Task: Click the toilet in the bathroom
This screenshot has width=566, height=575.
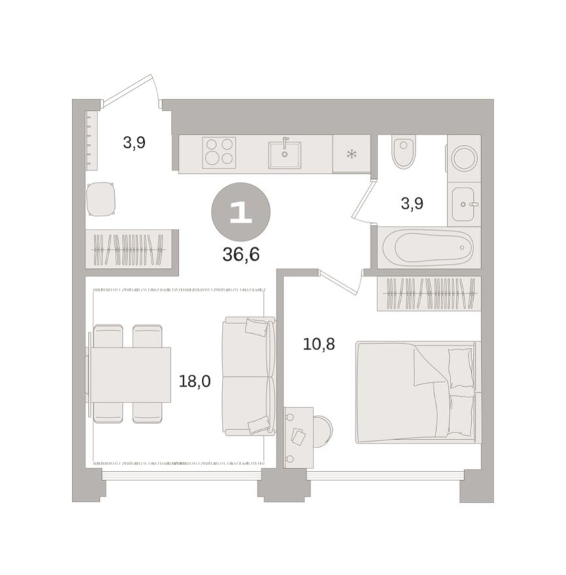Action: pos(403,152)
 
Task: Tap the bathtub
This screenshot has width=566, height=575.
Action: pos(428,248)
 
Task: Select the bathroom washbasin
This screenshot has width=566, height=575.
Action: pos(464,204)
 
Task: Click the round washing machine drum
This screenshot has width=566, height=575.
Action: pos(464,158)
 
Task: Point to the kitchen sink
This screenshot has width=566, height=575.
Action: pos(285,155)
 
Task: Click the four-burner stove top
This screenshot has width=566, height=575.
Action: pos(219,152)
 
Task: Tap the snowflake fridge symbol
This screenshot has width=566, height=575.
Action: pos(351,154)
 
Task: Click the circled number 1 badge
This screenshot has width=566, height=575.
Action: pos(240,212)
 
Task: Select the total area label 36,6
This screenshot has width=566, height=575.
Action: pos(241,255)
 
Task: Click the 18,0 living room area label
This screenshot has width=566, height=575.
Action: pos(195,382)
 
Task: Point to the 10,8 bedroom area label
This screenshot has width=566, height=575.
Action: pos(319,344)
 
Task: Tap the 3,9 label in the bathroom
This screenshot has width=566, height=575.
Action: pos(412,204)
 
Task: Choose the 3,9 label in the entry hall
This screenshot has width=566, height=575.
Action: pos(134,142)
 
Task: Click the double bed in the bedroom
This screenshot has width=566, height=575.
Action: pos(415,392)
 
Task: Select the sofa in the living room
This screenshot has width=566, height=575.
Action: pos(248,376)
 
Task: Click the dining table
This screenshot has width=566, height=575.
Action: pos(130,374)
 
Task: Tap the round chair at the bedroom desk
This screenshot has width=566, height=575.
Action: pos(322,431)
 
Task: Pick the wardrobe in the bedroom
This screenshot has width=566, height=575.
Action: pos(429,293)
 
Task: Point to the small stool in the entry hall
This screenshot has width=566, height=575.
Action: pos(101,199)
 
